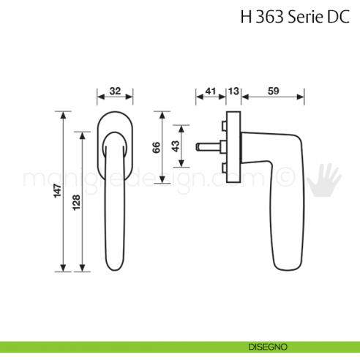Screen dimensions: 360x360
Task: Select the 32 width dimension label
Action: tap(115, 91)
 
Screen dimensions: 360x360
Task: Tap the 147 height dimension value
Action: tap(49, 192)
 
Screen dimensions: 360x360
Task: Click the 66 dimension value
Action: tap(157, 147)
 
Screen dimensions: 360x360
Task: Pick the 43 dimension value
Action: tap(175, 147)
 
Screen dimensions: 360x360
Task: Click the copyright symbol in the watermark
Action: tap(287, 178)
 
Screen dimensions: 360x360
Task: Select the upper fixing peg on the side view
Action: tap(222, 125)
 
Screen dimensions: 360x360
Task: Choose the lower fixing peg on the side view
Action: tap(222, 169)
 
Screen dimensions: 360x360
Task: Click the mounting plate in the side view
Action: tap(233, 147)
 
